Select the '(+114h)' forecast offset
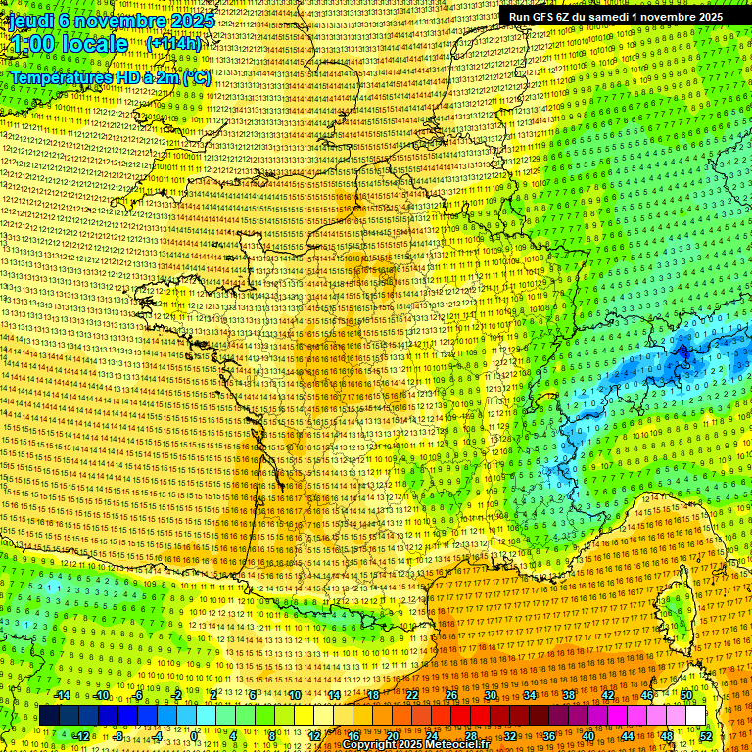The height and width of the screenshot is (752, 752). pyautogui.click(x=173, y=44)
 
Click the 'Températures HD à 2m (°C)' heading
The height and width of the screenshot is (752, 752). pyautogui.click(x=110, y=76)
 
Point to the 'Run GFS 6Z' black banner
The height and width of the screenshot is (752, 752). pyautogui.click(x=615, y=17)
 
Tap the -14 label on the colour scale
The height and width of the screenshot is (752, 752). pyautogui.click(x=63, y=695)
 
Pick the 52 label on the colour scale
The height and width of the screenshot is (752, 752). pyautogui.click(x=706, y=735)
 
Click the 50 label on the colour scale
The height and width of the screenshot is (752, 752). pyautogui.click(x=686, y=695)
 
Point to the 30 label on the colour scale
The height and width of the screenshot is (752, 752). pyautogui.click(x=491, y=695)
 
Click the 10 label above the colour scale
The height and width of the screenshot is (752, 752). pyautogui.click(x=294, y=695)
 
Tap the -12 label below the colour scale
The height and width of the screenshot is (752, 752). pyautogui.click(x=81, y=735)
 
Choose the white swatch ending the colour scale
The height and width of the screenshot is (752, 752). pyautogui.click(x=696, y=716)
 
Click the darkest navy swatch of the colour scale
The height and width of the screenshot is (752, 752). pyautogui.click(x=49, y=716)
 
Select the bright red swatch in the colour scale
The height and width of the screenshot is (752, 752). pyautogui.click(x=461, y=716)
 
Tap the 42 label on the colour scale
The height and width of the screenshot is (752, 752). pyautogui.click(x=608, y=695)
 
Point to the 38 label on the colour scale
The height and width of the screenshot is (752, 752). pyautogui.click(x=569, y=695)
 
